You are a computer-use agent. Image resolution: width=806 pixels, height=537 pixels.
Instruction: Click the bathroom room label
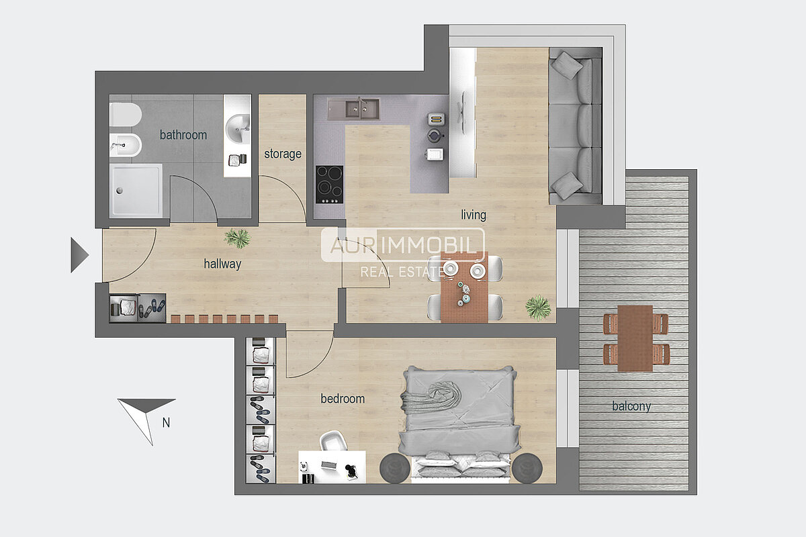[183, 135]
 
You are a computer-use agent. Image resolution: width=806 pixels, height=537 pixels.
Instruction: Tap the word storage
[283, 154]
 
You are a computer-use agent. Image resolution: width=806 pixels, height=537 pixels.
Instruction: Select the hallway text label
[222, 264]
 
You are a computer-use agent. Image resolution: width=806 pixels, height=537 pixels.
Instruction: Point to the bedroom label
[343, 399]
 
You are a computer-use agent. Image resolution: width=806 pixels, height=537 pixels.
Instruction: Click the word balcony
[631, 406]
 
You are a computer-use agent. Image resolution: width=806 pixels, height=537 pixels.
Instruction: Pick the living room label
[474, 215]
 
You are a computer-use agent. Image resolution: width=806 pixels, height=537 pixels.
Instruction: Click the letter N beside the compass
[166, 423]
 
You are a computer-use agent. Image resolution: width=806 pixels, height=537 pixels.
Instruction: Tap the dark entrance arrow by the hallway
[79, 255]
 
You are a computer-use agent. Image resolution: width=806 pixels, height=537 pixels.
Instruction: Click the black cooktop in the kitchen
[329, 185]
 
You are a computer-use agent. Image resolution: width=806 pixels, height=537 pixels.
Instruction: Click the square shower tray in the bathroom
[136, 191]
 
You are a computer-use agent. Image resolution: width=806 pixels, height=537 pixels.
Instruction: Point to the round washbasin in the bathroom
[238, 128]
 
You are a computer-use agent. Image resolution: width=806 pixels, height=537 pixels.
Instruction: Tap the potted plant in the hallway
[237, 238]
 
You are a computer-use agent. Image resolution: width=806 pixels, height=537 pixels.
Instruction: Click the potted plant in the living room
[538, 308]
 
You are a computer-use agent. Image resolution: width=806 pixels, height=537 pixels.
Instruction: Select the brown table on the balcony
[635, 338]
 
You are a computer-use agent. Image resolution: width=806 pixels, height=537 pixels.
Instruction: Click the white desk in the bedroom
[332, 467]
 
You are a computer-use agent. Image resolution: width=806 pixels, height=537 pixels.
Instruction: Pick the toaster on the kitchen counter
[436, 119]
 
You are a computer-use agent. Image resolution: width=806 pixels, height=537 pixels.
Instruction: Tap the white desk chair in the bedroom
[334, 440]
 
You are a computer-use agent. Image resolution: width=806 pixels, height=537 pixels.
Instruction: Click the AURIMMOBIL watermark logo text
[403, 245]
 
